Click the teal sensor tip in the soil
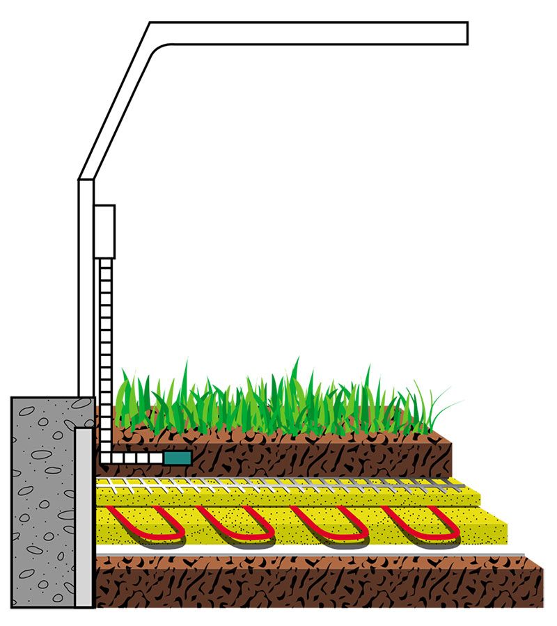point(178,458)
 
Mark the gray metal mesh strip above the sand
point(278,481)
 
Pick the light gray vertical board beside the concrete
point(84,515)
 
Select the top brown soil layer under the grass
point(313,452)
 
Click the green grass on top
point(278,403)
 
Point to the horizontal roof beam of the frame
point(313,33)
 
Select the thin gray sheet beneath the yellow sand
point(313,553)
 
